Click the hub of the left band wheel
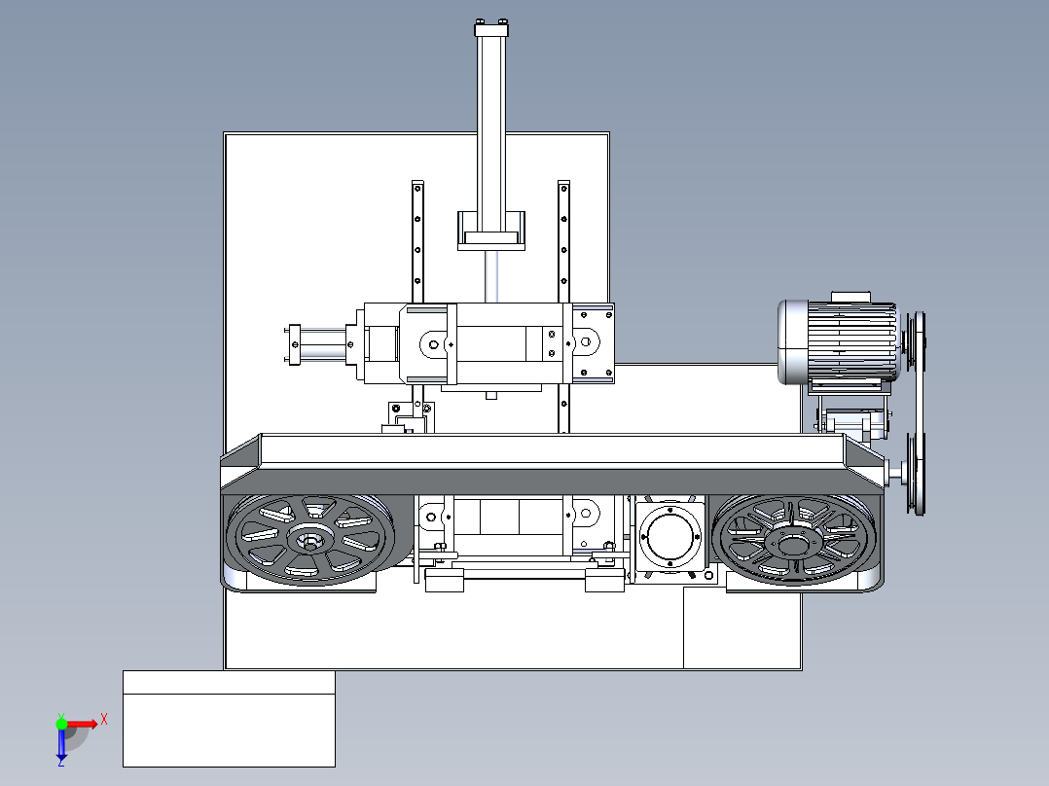click(x=311, y=539)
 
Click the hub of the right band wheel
click(x=792, y=544)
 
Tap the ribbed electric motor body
click(x=850, y=342)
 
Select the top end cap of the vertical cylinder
click(x=491, y=29)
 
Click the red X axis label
click(x=104, y=720)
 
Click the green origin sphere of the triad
click(x=61, y=724)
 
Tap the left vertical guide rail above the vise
click(x=417, y=241)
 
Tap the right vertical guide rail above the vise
click(x=564, y=241)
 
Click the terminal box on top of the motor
click(x=850, y=297)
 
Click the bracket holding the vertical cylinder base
click(x=491, y=231)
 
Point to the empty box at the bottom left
click(x=229, y=719)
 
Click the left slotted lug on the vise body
click(x=433, y=344)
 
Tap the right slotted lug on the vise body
click(x=586, y=341)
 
